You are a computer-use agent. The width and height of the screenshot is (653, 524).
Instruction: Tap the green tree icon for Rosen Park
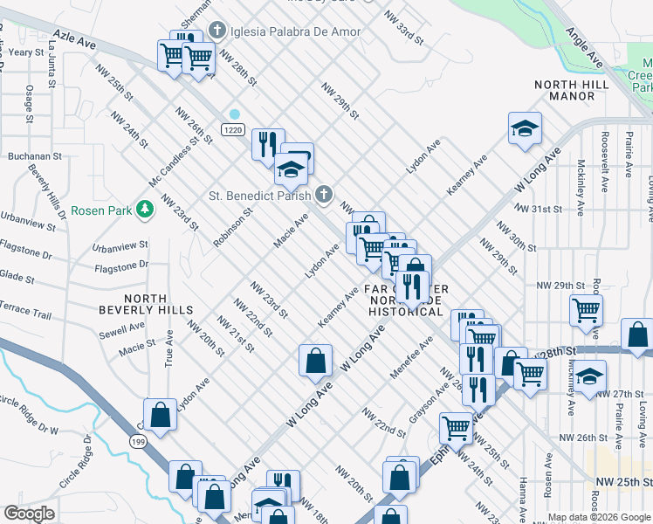(x=144, y=210)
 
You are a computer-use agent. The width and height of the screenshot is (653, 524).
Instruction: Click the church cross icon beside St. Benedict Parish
(x=324, y=194)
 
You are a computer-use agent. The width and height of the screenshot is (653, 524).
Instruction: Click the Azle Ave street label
(x=73, y=40)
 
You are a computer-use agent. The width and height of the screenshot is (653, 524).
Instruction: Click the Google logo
(x=29, y=514)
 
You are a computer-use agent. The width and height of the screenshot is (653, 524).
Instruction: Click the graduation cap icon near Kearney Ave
(x=524, y=129)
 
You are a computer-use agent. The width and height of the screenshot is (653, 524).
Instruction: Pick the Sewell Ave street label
(x=121, y=330)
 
